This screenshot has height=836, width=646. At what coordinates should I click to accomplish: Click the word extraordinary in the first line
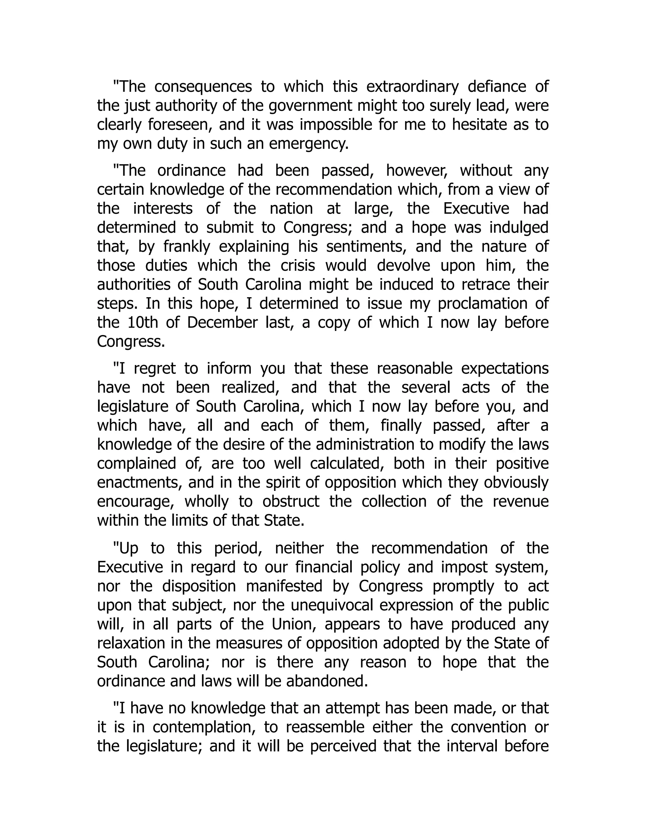pos(412,87)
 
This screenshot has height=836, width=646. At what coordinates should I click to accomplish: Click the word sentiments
pos(366,246)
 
